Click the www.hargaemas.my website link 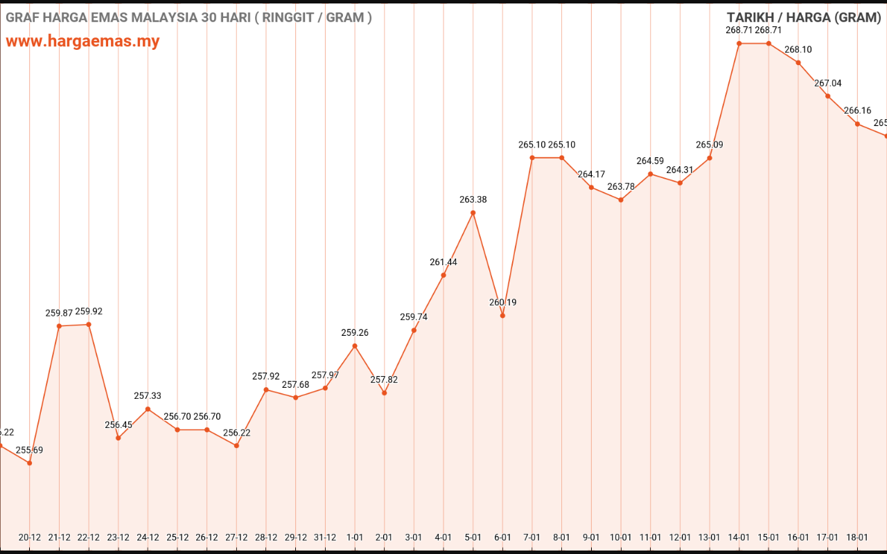tap(82, 41)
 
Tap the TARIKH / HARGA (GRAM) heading tap(803, 18)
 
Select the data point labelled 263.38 tap(473, 213)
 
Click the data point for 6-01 tap(502, 316)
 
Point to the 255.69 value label tap(29, 450)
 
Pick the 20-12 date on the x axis tap(29, 537)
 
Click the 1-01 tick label tap(355, 537)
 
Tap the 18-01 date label tap(857, 537)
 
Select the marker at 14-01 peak tap(739, 44)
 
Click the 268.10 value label tap(798, 50)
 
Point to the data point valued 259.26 tap(355, 346)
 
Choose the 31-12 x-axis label tap(325, 537)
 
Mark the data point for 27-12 tap(236, 446)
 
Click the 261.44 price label tap(443, 262)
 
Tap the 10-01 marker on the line tap(621, 200)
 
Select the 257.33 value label tap(148, 396)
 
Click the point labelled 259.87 tap(59, 326)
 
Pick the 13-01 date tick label tap(710, 537)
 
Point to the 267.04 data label tap(827, 83)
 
